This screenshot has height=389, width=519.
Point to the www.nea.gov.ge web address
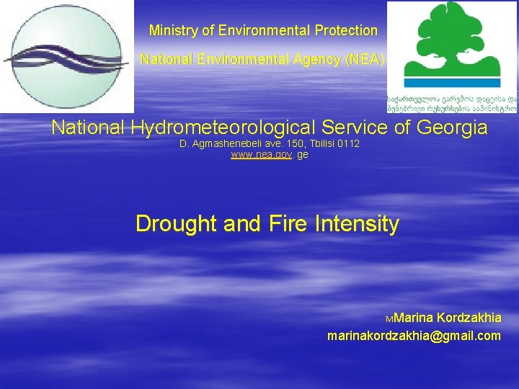[269, 155]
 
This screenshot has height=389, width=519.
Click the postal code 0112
[347, 145]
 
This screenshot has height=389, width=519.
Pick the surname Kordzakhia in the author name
[468, 318]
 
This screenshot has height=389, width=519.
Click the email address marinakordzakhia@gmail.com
[414, 336]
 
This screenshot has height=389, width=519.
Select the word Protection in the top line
[346, 31]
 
